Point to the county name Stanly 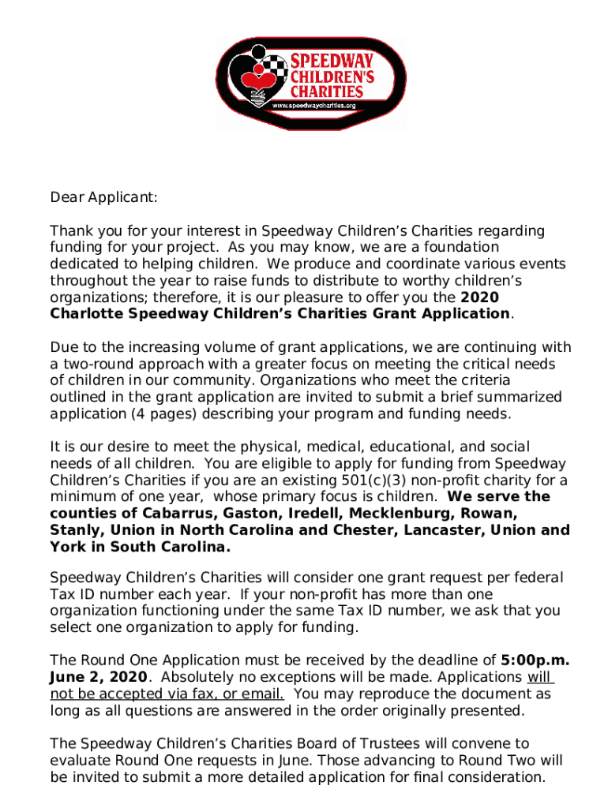click(73, 529)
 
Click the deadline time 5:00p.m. click(535, 660)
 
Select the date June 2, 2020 click(98, 677)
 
